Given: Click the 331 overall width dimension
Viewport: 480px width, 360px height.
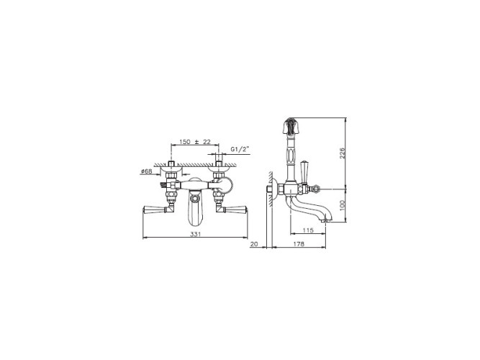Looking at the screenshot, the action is (x=196, y=234).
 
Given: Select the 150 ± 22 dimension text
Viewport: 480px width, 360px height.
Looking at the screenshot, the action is (x=195, y=142).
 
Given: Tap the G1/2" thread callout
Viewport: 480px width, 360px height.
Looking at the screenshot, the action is (x=240, y=149).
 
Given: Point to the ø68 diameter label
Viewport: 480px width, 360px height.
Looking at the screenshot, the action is (x=146, y=171).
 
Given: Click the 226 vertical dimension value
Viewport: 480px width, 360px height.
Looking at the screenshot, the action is (x=343, y=153).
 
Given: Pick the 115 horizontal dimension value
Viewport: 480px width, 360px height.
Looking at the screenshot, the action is (x=308, y=230).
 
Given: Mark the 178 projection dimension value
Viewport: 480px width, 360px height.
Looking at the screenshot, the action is (x=299, y=244).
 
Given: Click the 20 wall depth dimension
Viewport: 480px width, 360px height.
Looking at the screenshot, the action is (x=254, y=244).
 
